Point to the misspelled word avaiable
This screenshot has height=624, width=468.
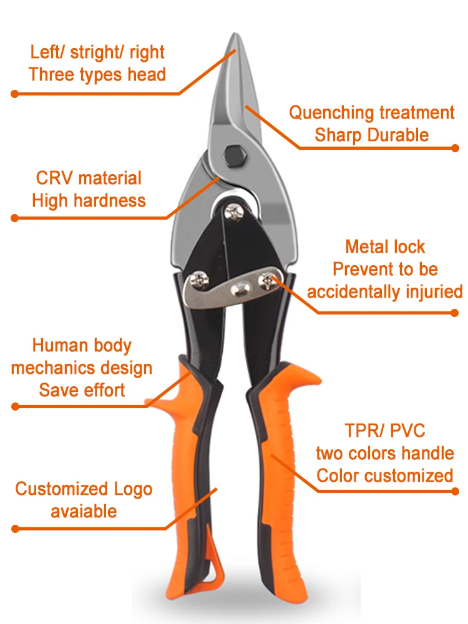84,511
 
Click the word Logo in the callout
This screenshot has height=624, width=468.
133,489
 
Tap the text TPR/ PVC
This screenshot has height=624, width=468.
385,431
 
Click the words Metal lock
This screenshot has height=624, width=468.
385,246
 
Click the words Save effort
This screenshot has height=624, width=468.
82,390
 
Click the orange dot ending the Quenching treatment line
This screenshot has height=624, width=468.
455,148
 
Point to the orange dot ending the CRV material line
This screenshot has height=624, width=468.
14,218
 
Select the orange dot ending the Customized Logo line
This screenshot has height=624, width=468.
14,529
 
